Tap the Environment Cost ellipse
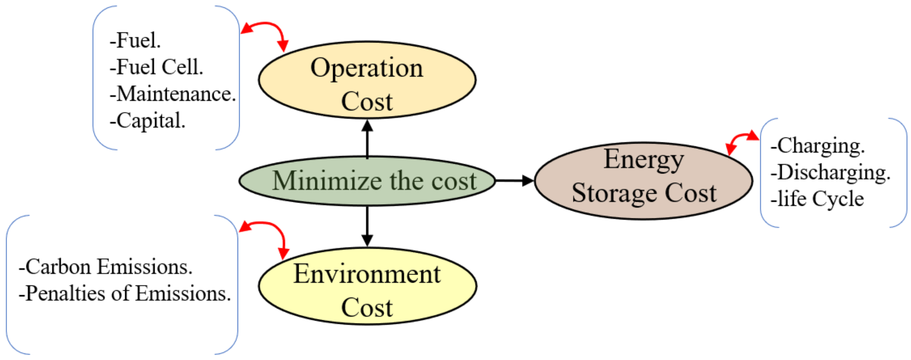[367, 286]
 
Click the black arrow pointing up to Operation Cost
[367, 139]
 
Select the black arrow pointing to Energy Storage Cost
[514, 181]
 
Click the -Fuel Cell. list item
[156, 67]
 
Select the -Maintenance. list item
[173, 94]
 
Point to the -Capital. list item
[147, 121]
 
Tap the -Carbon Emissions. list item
[105, 267]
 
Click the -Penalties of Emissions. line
[124, 293]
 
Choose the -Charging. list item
[818, 146]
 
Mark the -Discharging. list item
[830, 172]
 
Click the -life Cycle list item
[817, 199]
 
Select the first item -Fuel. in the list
[135, 40]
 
